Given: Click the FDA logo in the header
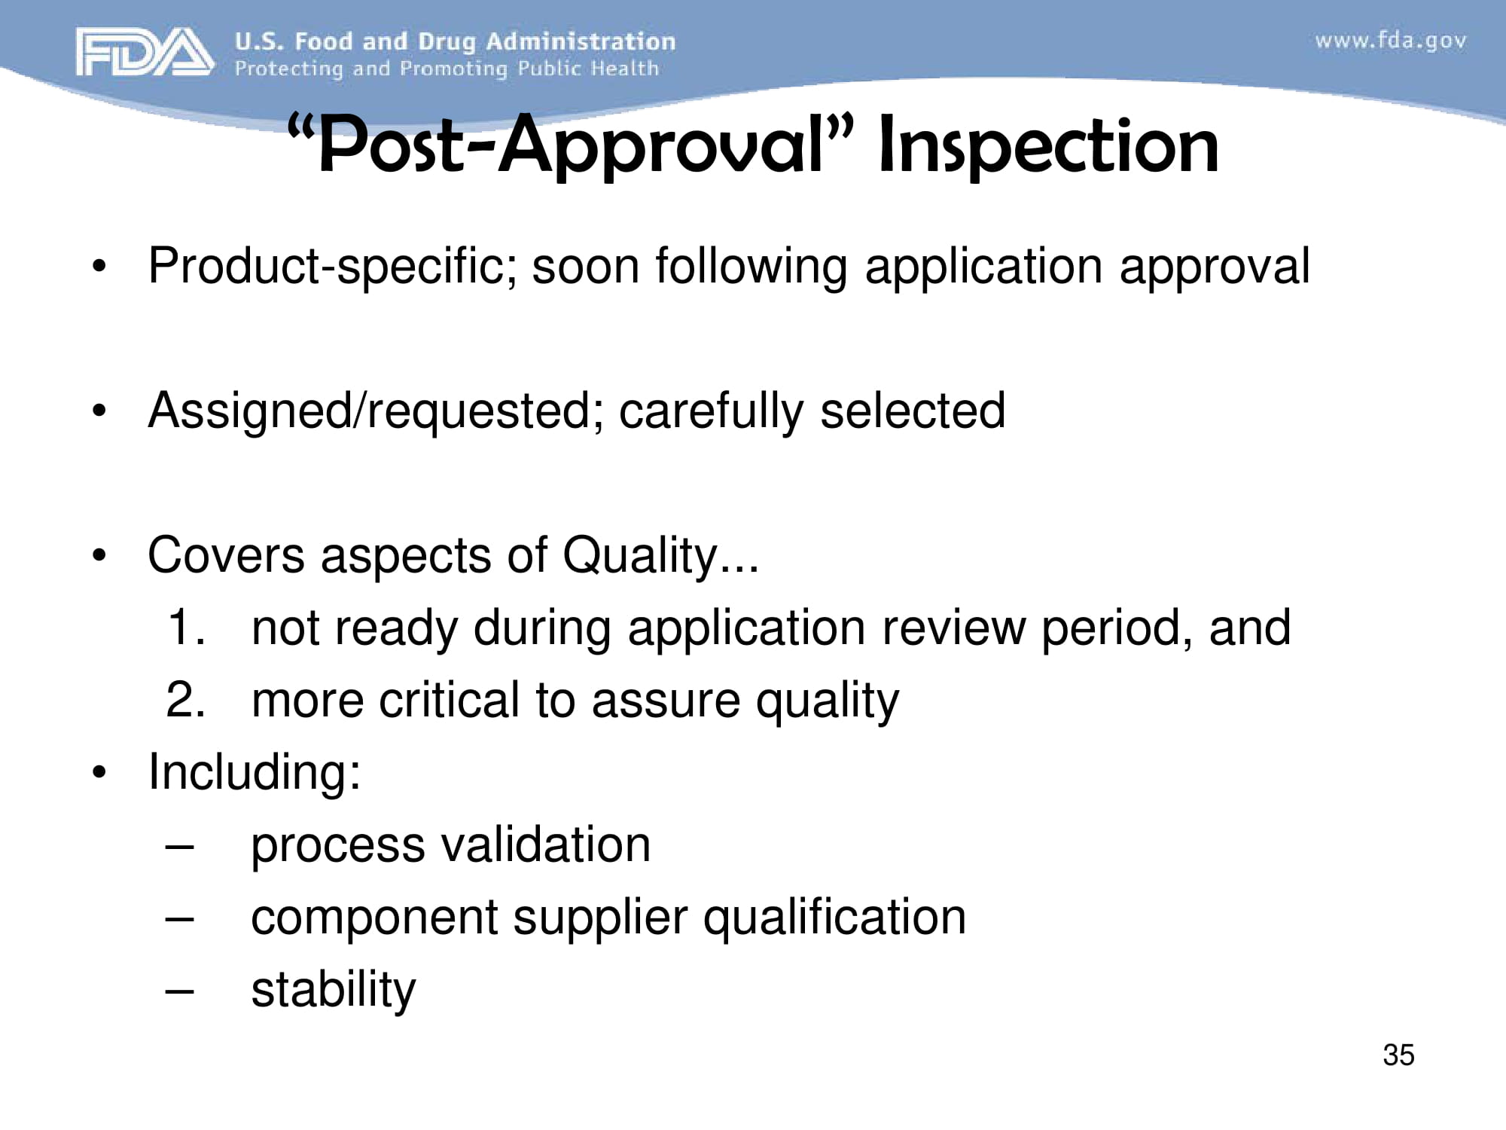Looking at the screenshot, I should click(x=144, y=52).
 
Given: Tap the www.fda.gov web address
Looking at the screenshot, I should click(x=1390, y=41).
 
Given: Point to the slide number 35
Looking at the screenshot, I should click(x=1398, y=1055).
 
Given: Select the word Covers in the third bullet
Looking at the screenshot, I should click(x=226, y=556).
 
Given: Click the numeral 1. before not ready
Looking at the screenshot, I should click(x=185, y=628).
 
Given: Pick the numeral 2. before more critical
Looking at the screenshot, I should click(x=185, y=700).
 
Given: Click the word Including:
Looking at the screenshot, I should click(x=255, y=772).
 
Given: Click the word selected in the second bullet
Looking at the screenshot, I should click(x=913, y=411).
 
